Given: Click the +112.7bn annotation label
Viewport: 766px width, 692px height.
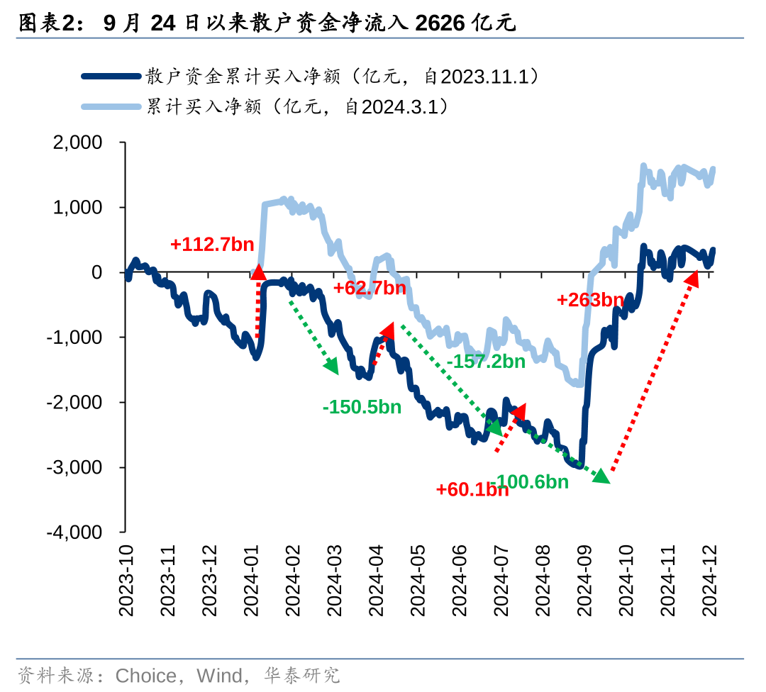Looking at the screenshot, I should [211, 245].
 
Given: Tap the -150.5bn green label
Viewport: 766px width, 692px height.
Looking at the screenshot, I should [362, 407].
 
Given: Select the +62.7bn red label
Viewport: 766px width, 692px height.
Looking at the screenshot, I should [370, 288].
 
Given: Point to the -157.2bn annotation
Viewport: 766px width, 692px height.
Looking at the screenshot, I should [486, 361].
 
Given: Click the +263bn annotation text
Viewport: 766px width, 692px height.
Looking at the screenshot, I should [590, 300].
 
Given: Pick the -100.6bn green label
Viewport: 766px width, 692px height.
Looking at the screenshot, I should [532, 482].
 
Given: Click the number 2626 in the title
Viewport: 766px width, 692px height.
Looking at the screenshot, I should [440, 23].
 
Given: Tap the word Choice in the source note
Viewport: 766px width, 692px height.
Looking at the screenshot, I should [145, 675].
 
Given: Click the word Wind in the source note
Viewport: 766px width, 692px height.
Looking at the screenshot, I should [219, 675].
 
